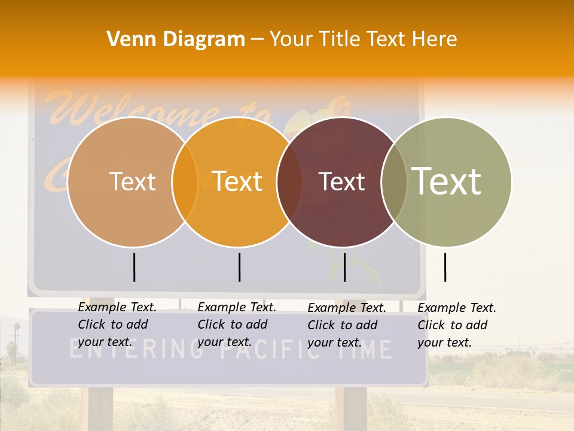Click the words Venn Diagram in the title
(x=176, y=40)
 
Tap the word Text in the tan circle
(x=132, y=181)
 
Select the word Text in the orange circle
(x=237, y=181)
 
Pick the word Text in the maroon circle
(x=341, y=181)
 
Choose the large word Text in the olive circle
(x=446, y=181)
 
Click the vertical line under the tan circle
(x=134, y=267)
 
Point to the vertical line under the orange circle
(x=239, y=267)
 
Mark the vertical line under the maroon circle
(x=344, y=267)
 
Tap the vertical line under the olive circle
(x=445, y=267)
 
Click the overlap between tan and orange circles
(x=185, y=182)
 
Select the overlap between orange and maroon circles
(x=289, y=182)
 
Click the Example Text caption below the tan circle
(x=117, y=324)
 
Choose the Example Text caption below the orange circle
(x=236, y=324)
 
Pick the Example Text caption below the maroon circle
(x=346, y=325)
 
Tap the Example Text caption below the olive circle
(x=456, y=325)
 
